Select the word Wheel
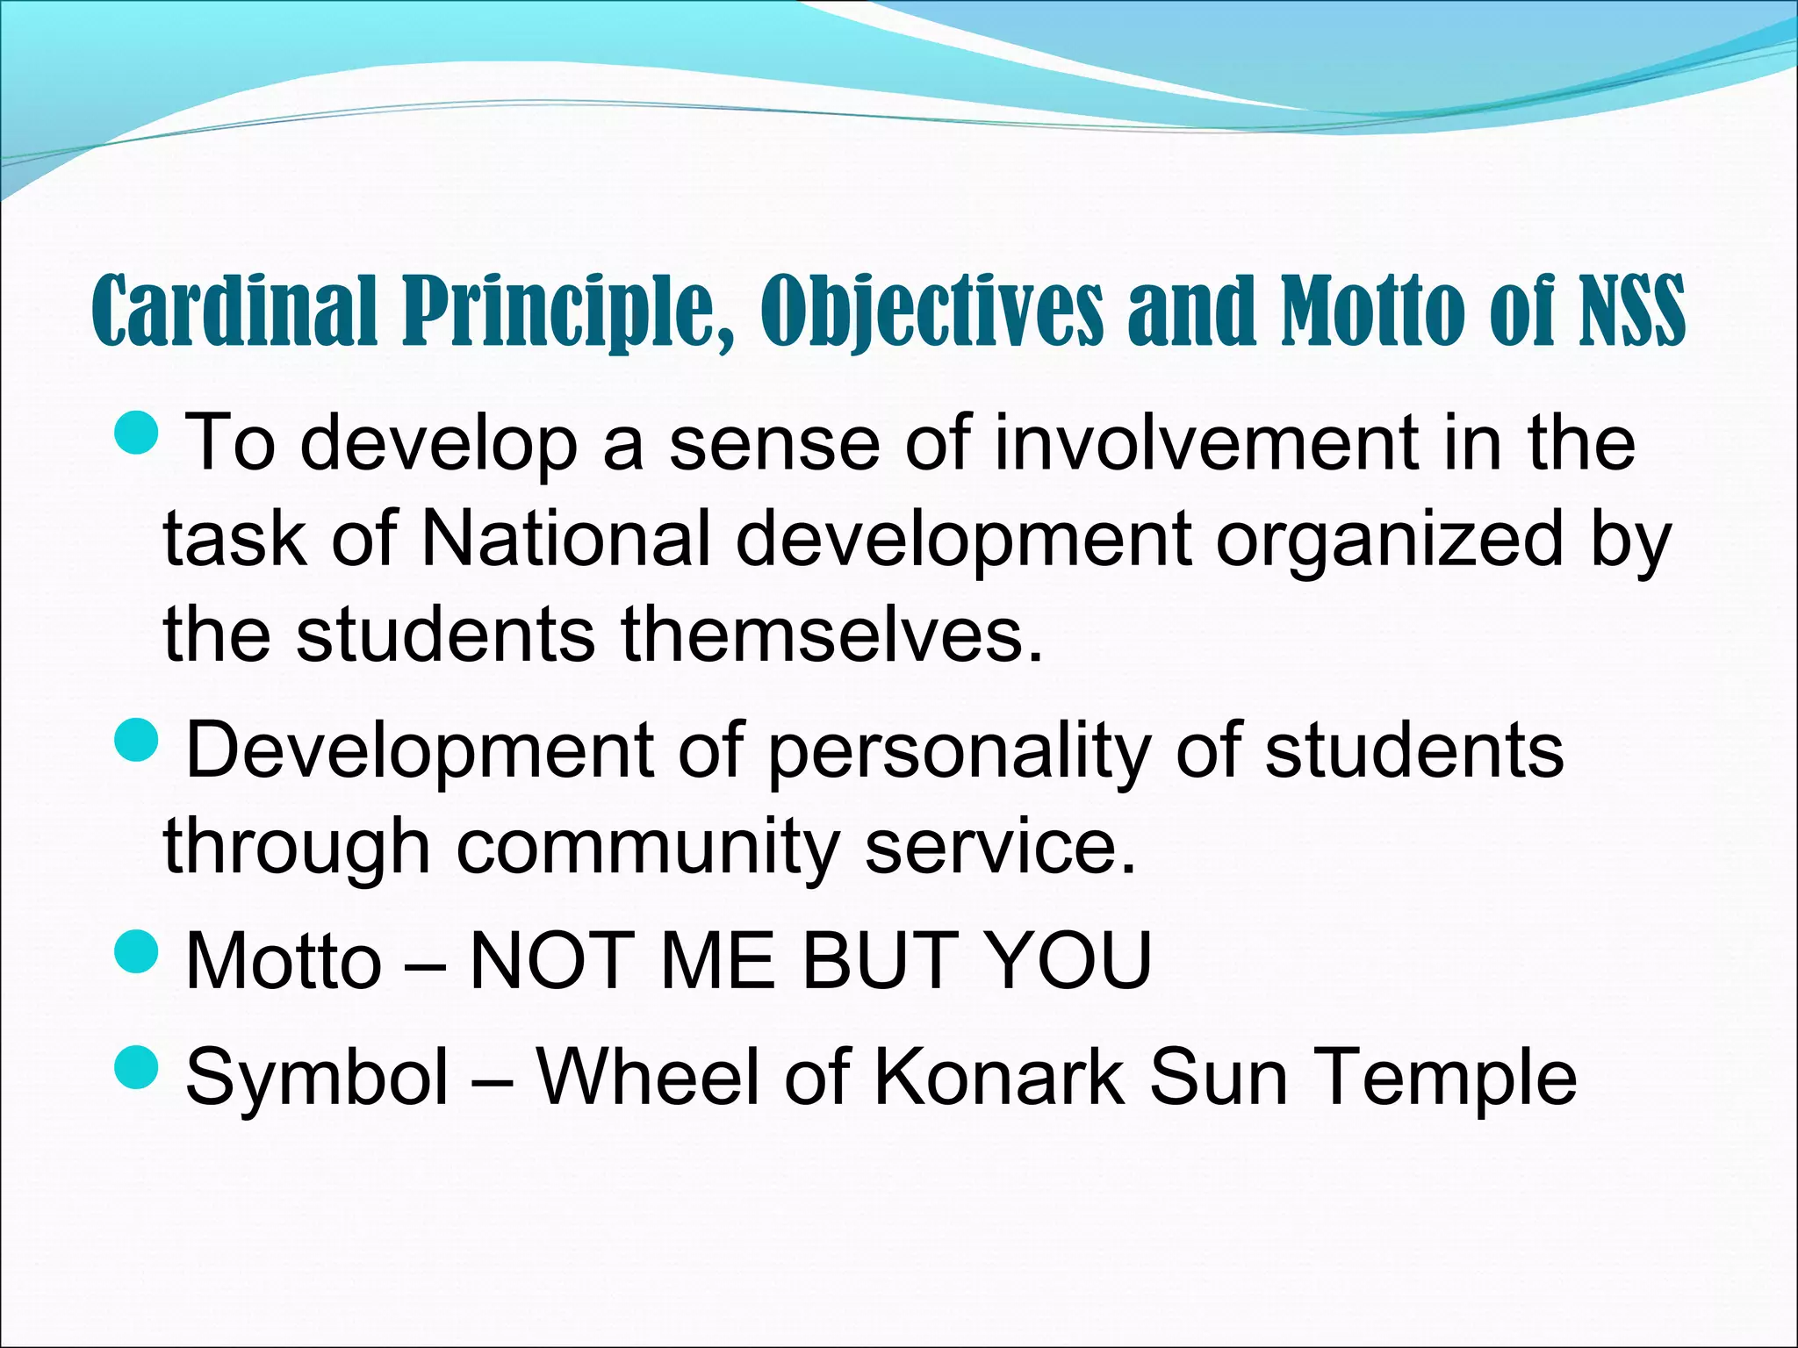point(649,1077)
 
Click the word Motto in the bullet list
point(284,961)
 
